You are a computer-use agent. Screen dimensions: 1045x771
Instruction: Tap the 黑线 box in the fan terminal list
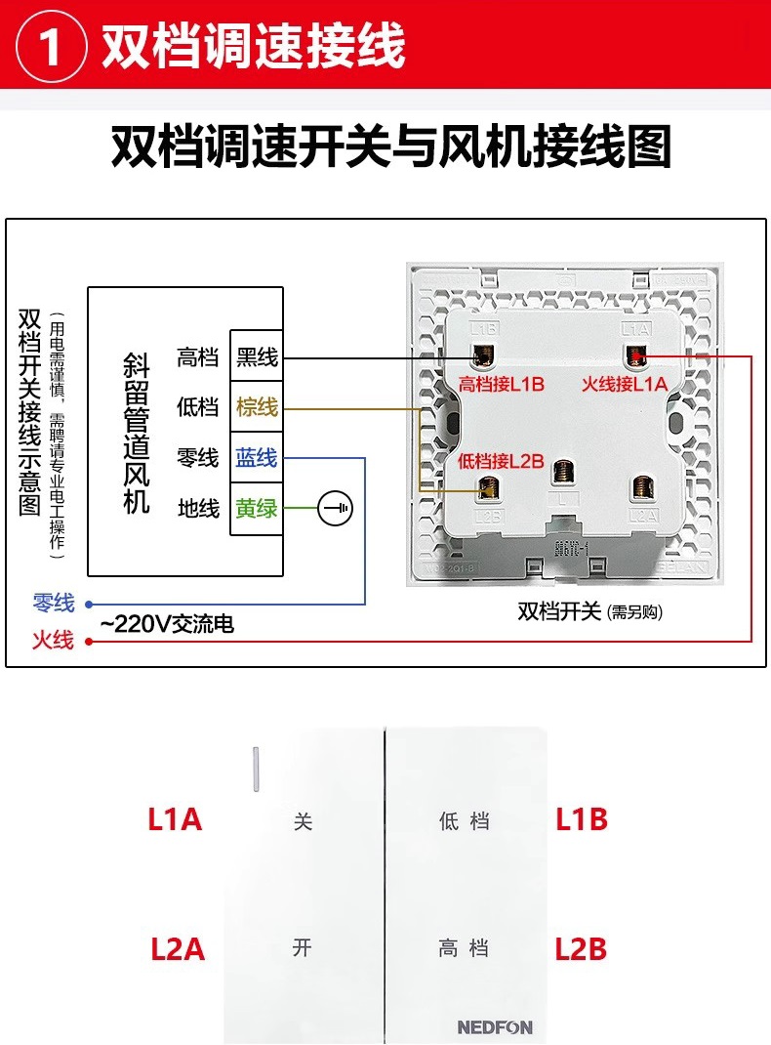[257, 357]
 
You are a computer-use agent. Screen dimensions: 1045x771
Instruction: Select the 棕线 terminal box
[257, 407]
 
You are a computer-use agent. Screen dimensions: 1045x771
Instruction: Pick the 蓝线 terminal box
[257, 458]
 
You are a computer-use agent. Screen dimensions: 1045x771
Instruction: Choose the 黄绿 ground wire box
[257, 509]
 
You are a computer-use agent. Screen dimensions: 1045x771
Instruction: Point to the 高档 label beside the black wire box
[198, 357]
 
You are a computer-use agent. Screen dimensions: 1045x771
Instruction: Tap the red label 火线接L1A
[625, 384]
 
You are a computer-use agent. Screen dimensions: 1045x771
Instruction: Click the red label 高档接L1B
[501, 384]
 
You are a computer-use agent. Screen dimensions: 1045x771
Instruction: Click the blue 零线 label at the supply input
[53, 604]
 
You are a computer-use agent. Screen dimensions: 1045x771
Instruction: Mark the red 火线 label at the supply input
[53, 641]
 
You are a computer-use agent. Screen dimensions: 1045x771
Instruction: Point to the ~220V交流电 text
[167, 624]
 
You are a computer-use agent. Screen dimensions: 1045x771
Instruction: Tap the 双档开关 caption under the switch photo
[560, 612]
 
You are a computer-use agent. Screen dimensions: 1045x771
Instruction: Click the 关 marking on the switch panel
[304, 822]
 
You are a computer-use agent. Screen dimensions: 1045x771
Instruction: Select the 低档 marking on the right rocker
[464, 821]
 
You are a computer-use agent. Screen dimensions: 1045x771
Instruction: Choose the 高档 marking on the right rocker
[464, 947]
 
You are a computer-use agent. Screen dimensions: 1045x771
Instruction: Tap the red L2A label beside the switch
[178, 948]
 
